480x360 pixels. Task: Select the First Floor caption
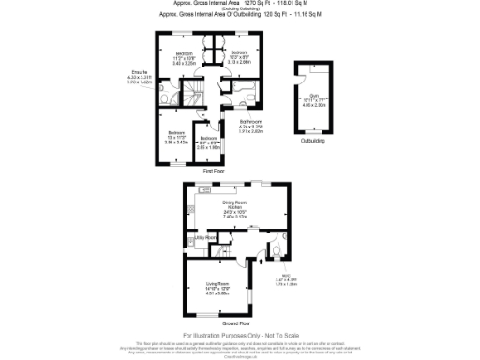click(213, 171)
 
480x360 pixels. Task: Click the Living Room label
click(217, 286)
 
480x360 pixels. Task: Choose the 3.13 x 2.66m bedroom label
click(238, 56)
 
